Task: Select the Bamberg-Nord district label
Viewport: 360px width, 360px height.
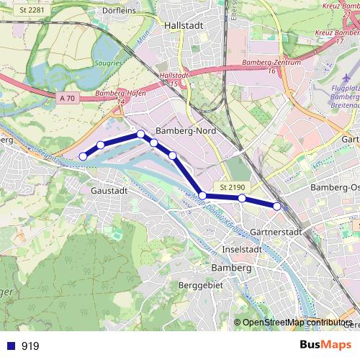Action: [185, 132]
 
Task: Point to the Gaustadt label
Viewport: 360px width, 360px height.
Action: [110, 191]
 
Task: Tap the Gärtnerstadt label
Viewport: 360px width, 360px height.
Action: [277, 232]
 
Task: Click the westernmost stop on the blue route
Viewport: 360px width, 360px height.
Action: [83, 156]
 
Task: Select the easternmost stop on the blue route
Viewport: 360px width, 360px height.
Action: [277, 207]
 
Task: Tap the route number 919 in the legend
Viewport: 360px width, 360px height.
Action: [30, 346]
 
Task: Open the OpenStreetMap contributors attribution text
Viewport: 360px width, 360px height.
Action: [297, 323]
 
